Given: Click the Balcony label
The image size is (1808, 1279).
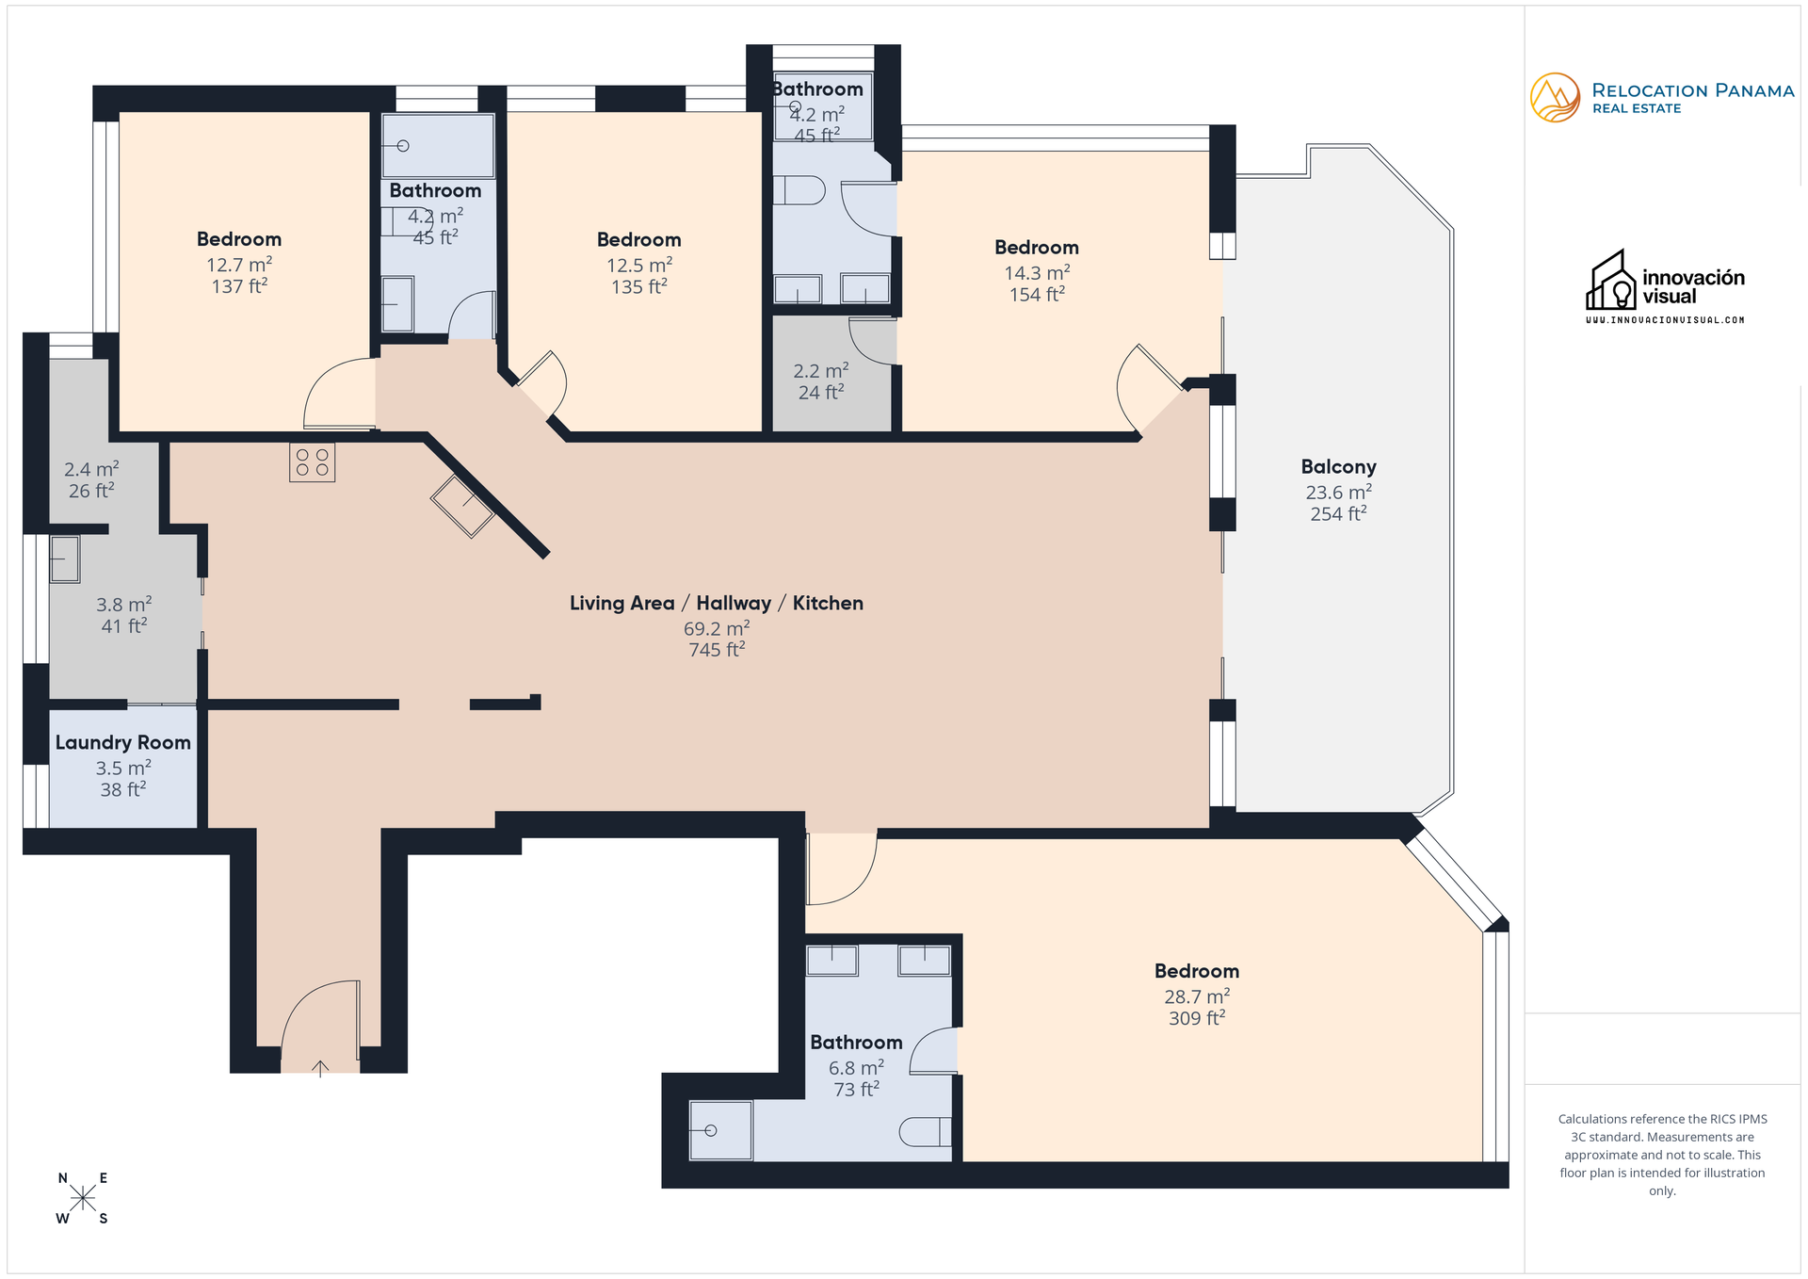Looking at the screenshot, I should point(1338,467).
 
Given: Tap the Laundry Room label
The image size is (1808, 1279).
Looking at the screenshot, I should point(122,742).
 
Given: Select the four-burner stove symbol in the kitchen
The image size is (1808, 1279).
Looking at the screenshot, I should point(312,462).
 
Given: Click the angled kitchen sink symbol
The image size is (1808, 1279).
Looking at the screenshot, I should point(462,507).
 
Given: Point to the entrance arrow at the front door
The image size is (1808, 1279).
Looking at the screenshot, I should point(320,1068).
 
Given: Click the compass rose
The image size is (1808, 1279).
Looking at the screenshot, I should point(83,1198).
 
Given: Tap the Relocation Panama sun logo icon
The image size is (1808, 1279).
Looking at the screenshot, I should point(1555,98).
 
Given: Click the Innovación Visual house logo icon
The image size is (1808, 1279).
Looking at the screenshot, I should point(1611,282).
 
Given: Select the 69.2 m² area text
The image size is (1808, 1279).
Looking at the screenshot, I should point(717,628).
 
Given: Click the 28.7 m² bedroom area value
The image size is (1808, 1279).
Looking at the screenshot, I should point(1197,996).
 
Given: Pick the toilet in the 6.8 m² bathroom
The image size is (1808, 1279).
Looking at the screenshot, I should point(925,1131).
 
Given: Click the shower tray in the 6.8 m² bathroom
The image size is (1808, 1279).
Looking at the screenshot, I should point(720,1130).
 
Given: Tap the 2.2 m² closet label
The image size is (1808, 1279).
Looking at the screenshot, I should point(820,371).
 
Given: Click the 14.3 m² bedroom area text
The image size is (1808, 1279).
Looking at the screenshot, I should point(1037,273).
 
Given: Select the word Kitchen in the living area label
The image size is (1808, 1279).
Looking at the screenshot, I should point(828,604).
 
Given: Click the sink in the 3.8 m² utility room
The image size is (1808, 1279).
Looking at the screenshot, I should point(64,559).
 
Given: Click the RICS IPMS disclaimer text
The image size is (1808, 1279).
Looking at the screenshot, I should point(1662,1155).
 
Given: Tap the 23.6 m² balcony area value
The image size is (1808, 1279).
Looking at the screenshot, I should point(1338,493).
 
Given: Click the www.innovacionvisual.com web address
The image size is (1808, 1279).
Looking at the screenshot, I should point(1665,320).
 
